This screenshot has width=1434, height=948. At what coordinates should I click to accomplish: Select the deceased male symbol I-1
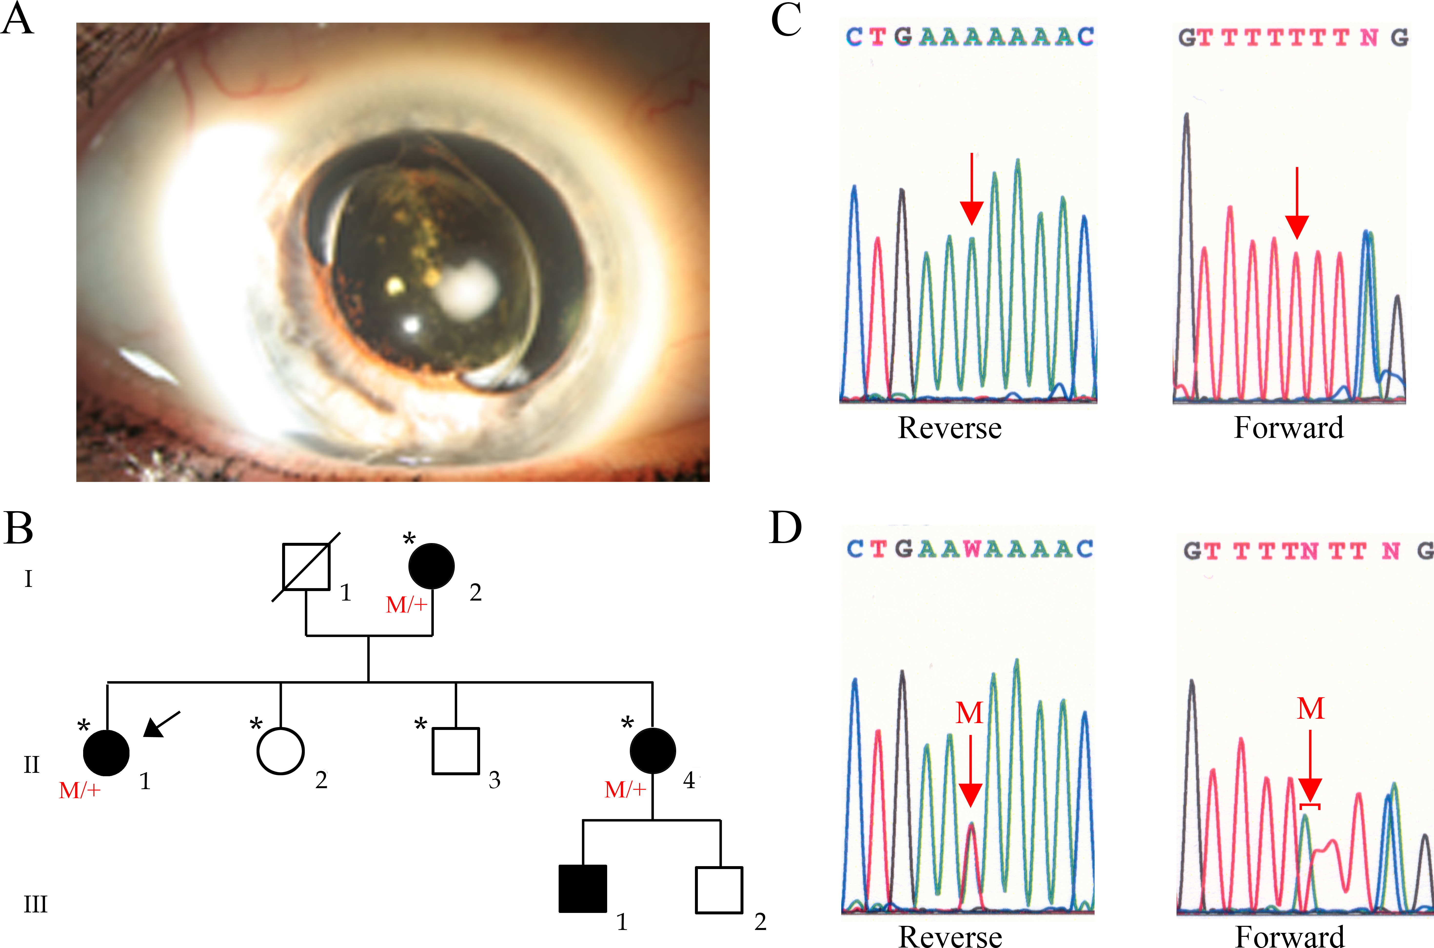[306, 566]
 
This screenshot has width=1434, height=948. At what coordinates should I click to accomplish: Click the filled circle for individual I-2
[431, 566]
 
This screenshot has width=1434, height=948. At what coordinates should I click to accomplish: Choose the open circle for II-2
[280, 752]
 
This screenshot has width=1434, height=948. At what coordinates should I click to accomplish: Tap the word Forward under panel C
[1289, 428]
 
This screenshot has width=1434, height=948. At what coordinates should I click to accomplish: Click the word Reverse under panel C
[949, 428]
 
